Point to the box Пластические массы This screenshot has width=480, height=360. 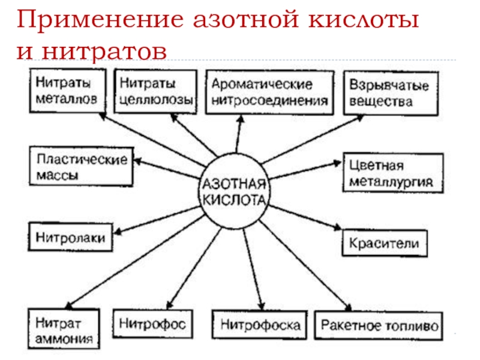coord(81,169)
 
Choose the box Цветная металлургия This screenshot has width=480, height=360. coord(393,173)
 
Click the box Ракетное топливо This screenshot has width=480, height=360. coord(380,326)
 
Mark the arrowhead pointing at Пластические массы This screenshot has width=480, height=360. coord(137,160)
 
